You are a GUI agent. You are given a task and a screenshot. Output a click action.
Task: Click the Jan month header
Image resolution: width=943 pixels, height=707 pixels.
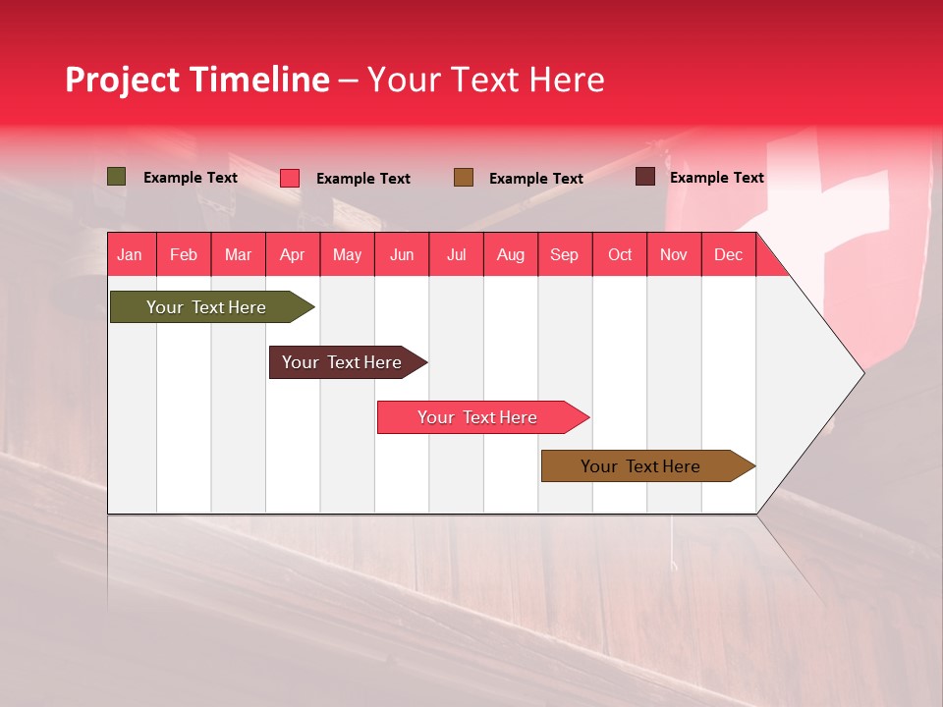[x=131, y=254]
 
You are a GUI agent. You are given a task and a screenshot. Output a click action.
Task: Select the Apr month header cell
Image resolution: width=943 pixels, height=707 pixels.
[x=293, y=254]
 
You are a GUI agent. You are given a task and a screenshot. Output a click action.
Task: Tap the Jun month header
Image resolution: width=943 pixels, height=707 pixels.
[x=402, y=254]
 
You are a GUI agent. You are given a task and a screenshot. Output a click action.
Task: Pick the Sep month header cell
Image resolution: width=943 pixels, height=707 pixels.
[x=565, y=254]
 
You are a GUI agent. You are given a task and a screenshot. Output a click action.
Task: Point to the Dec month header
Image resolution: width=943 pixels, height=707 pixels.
[x=728, y=254]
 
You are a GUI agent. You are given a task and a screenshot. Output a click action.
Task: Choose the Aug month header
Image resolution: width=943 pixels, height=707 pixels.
[x=511, y=254]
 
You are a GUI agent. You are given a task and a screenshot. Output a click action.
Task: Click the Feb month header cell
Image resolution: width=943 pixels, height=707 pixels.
[x=184, y=254]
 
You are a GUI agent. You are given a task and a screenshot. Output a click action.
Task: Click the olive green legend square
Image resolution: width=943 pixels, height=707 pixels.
[x=117, y=177]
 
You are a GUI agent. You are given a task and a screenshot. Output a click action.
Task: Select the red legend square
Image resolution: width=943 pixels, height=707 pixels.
[x=290, y=178]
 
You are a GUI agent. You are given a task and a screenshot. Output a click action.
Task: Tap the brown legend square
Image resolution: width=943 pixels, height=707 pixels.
[x=464, y=177]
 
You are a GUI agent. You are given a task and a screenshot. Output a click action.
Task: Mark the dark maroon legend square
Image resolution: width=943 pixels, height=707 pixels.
[x=645, y=177]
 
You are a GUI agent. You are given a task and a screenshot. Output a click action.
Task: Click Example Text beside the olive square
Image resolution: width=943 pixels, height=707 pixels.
[x=191, y=178]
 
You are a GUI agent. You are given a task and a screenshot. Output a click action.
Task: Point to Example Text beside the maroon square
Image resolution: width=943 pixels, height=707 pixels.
[x=717, y=178]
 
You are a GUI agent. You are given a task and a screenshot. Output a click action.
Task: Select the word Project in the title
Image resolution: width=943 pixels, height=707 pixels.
[x=124, y=80]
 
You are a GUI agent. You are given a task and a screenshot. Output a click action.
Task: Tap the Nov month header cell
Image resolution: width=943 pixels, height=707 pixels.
[x=674, y=254]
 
